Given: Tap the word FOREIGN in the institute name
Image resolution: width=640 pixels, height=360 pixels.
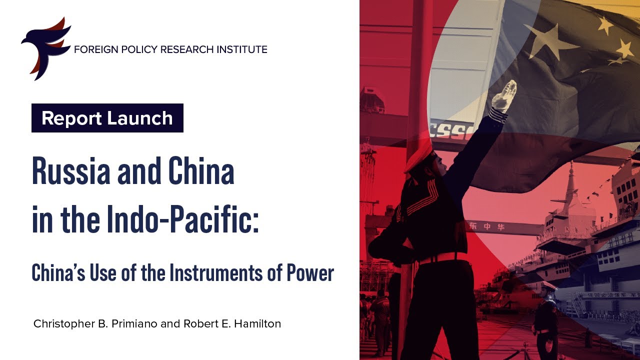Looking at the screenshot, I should coord(93,49).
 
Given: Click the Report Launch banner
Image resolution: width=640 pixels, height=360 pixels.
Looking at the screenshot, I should coord(107,118).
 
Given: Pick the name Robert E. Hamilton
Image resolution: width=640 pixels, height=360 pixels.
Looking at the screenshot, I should coord(234,324).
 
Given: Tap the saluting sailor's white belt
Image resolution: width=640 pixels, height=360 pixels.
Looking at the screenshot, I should coord(442,258).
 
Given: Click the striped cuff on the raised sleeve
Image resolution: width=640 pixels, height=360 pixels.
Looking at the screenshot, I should coord(497,116).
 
